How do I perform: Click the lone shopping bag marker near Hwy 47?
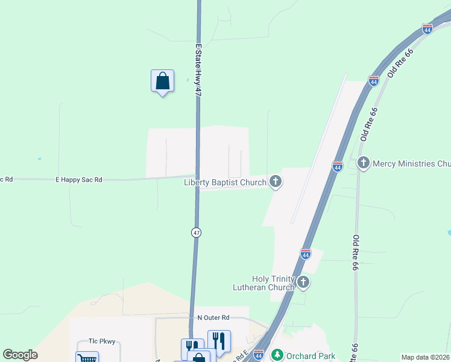click(162, 81)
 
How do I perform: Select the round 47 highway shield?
click(197, 232)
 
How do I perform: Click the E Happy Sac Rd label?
click(79, 179)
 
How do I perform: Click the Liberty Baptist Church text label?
click(225, 182)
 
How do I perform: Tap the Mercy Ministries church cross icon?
click(363, 162)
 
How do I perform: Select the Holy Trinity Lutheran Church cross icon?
click(303, 282)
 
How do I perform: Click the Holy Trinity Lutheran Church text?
click(264, 283)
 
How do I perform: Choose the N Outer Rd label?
click(213, 317)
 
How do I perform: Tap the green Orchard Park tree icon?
click(277, 354)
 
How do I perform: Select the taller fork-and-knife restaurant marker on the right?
click(219, 341)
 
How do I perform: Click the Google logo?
click(20, 355)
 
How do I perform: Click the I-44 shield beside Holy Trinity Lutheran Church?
click(306, 254)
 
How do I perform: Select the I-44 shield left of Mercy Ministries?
click(338, 166)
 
